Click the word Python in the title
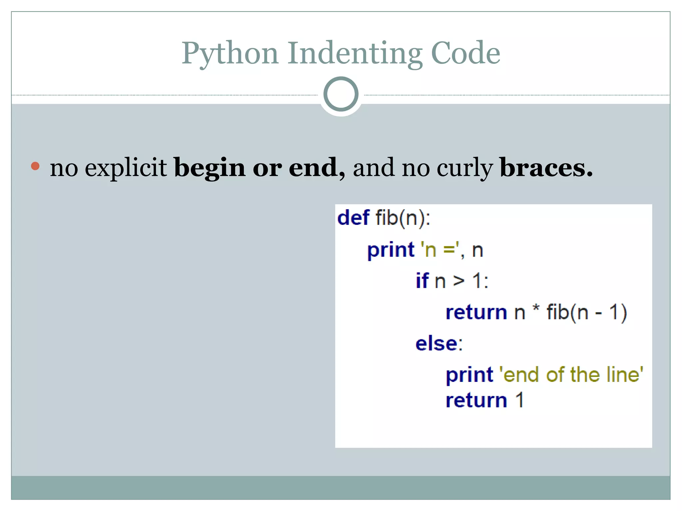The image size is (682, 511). click(230, 54)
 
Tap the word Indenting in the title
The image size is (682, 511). click(355, 54)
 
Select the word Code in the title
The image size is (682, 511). click(465, 54)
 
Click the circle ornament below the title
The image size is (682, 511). click(341, 94)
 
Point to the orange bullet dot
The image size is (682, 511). click(35, 166)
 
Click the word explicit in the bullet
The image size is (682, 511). click(126, 168)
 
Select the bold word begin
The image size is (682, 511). click(209, 168)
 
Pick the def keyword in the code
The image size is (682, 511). click(353, 218)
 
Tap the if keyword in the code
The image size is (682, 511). click(422, 280)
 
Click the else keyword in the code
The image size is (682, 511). click(436, 343)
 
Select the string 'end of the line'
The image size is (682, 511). click(571, 375)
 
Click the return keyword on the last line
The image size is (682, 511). click(476, 400)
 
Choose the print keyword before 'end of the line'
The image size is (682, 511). click(469, 375)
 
